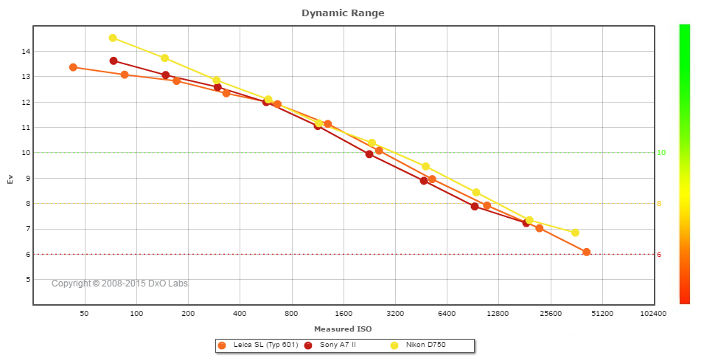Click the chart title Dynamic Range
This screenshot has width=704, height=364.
(x=343, y=13)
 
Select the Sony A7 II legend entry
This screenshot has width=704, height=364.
(x=337, y=345)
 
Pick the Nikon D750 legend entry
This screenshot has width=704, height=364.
(x=425, y=345)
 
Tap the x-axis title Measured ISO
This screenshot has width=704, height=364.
(x=343, y=329)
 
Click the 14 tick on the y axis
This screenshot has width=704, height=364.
(x=26, y=52)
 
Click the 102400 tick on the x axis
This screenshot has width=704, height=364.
(x=652, y=314)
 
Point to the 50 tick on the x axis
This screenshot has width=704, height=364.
(x=84, y=314)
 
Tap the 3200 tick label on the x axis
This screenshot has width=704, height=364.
(x=395, y=314)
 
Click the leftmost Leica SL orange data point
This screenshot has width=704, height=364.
(x=73, y=67)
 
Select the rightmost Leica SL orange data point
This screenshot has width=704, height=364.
(x=586, y=253)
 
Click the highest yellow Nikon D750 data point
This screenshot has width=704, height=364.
(x=113, y=38)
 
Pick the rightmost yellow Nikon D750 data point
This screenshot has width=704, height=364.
(x=575, y=233)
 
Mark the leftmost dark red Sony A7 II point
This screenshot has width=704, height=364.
(x=114, y=61)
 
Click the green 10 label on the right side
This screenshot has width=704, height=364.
(x=661, y=153)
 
